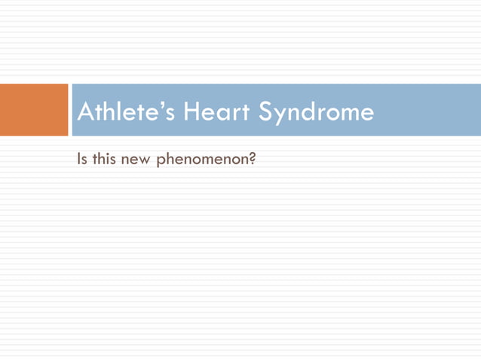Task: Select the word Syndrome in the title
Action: (317, 112)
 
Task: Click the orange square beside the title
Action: (34, 110)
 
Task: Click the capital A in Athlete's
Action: (86, 112)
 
